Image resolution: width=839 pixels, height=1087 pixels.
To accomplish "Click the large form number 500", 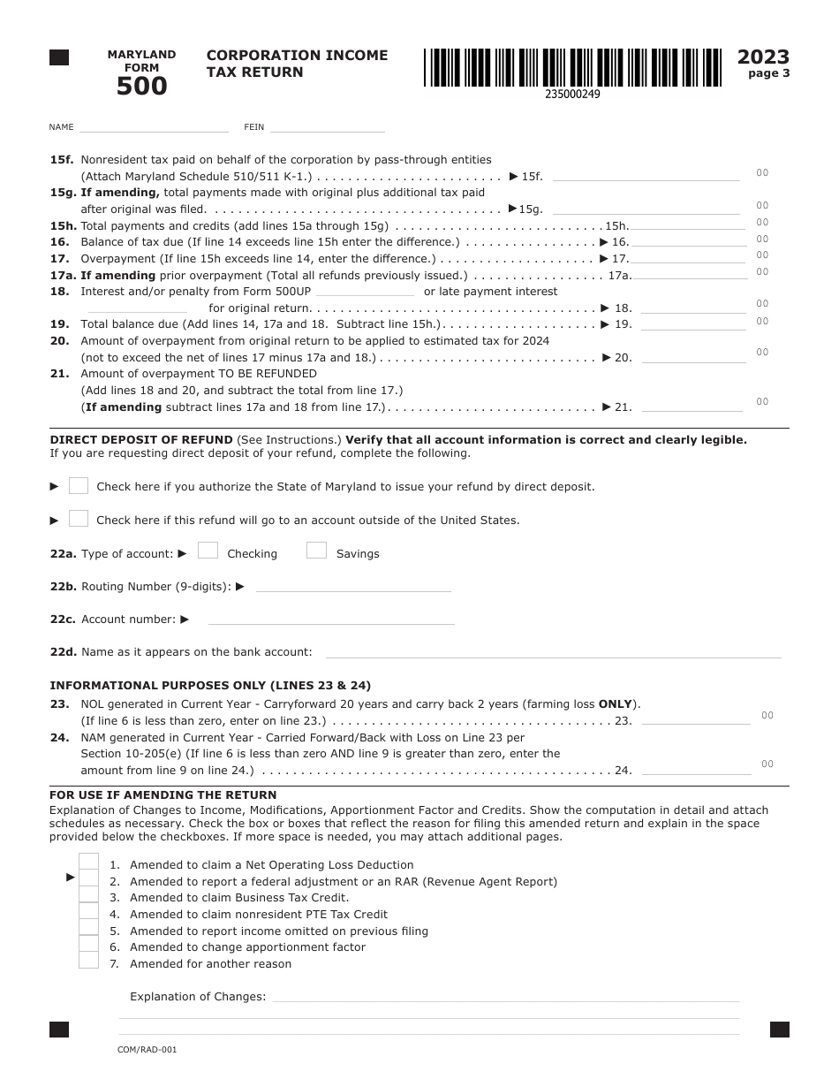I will [141, 86].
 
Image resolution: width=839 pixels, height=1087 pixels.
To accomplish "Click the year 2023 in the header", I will [763, 57].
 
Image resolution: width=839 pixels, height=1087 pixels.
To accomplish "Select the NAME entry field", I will [154, 126].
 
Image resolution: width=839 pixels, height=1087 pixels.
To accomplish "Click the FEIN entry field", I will [327, 126].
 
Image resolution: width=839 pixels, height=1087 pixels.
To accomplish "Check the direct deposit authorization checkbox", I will [79, 485].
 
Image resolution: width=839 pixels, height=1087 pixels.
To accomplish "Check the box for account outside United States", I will [79, 519].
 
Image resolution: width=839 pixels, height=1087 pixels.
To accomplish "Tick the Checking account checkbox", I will [208, 551].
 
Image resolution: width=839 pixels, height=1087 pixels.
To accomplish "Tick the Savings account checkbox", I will [316, 551].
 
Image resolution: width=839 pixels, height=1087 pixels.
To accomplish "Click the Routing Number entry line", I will [353, 586].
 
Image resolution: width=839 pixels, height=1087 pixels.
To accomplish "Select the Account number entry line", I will [331, 619].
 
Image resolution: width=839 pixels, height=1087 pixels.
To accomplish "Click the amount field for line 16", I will [688, 241].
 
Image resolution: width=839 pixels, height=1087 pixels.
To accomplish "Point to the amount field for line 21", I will [692, 407].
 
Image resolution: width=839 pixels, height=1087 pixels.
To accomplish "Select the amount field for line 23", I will [693, 720].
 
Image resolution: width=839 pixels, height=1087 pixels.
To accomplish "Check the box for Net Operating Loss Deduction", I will [88, 862].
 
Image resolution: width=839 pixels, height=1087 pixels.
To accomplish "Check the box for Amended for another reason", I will [88, 961].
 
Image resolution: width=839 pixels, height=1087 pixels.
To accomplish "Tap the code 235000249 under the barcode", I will [572, 95].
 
